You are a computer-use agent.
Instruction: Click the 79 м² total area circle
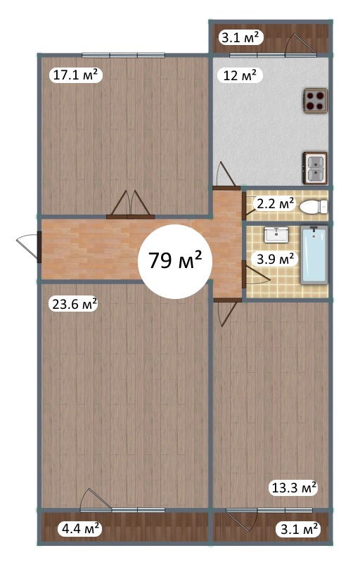point(175,262)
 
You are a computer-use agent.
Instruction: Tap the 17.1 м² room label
point(75,75)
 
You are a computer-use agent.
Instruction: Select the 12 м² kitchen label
point(240,75)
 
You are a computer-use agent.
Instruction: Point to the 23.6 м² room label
point(75,304)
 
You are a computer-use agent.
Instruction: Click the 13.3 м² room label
point(294,488)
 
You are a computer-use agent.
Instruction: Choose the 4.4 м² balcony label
point(81,529)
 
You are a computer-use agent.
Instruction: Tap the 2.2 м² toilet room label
point(275,203)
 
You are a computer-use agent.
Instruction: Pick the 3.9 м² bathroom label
point(275,259)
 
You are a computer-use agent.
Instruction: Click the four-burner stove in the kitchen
point(316,101)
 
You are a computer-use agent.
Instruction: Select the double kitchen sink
point(315,168)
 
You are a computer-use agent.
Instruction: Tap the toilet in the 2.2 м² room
point(314,208)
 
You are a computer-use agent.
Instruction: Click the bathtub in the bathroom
point(314,255)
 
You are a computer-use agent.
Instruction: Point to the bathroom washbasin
point(276,235)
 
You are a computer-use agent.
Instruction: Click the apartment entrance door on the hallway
point(28,248)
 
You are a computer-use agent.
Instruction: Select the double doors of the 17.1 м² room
point(130,205)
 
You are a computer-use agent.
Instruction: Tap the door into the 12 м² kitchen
point(226,175)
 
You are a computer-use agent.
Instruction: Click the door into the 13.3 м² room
point(227,312)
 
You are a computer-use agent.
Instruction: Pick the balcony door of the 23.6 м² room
point(96,500)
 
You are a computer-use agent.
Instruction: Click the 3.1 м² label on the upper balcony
point(240,37)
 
